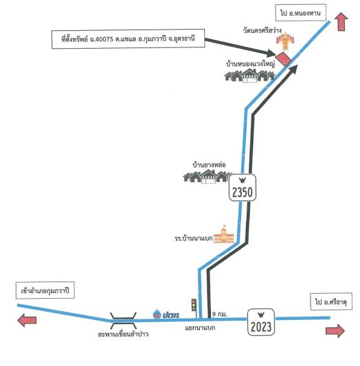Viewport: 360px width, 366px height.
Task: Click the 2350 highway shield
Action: (243, 187)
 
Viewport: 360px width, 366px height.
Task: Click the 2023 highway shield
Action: (261, 322)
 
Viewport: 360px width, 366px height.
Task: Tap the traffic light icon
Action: (194, 305)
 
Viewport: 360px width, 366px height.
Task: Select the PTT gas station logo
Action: (166, 314)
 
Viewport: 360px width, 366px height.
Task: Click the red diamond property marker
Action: (284, 58)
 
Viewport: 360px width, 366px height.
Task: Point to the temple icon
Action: (285, 41)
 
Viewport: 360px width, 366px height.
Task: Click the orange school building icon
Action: (223, 234)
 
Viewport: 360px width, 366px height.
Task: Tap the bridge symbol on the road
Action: (123, 321)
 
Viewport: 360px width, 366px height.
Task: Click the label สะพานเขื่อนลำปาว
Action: (123, 334)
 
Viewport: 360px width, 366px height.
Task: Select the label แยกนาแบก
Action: (200, 328)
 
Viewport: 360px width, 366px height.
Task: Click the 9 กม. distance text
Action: (219, 314)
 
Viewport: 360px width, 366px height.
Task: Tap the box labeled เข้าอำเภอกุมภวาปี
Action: (45, 290)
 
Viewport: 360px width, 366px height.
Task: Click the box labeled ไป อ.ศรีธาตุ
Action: (331, 301)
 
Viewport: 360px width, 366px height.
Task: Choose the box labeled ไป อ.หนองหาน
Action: (300, 12)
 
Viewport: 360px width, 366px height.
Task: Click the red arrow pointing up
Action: (341, 22)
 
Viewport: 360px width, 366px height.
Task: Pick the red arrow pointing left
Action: (27, 320)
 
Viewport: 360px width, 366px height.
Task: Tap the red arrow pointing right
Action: (335, 330)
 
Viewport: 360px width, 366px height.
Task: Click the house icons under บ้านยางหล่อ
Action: (207, 176)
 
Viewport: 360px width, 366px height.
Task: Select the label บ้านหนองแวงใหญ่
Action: (250, 64)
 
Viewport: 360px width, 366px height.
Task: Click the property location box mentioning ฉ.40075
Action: (128, 38)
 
